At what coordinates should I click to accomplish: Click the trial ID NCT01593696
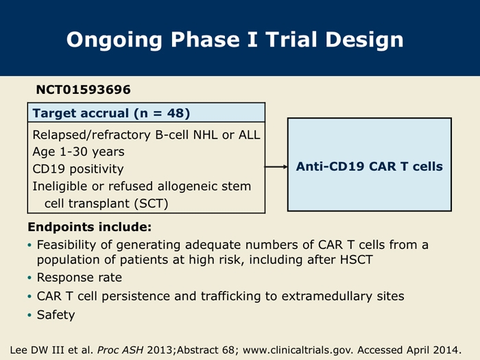pos(83,90)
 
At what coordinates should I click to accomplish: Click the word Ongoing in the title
pos(114,40)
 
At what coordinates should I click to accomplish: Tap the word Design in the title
pos(364,40)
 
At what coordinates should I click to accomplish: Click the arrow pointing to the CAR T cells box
pos(276,167)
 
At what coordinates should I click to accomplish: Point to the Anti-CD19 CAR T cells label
pos(369,167)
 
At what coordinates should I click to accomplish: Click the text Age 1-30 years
pos(78,152)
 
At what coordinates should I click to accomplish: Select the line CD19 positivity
pos(78,169)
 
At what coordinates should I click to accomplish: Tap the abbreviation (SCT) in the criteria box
pos(152,204)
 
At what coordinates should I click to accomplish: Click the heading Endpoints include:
pos(89,227)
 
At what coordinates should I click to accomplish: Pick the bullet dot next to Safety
pos(29,315)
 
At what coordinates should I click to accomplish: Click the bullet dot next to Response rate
pos(29,278)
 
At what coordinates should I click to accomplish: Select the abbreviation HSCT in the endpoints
pos(357,260)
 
